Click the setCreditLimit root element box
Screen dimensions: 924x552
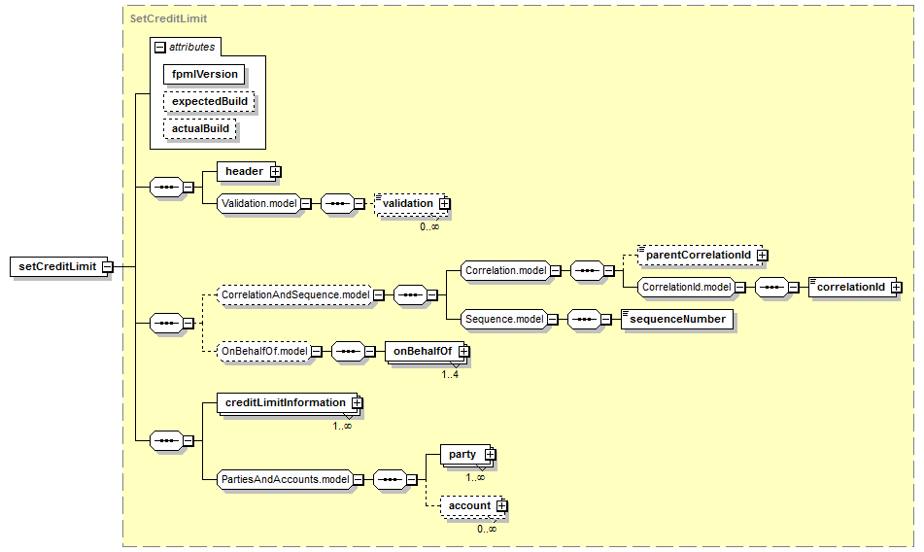59,267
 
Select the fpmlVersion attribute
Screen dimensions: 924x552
204,74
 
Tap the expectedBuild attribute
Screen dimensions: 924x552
209,101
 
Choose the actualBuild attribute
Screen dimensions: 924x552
200,128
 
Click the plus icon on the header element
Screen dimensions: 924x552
275,171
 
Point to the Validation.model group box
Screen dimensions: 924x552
258,204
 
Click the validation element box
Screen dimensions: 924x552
411,204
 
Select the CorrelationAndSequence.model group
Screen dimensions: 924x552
295,294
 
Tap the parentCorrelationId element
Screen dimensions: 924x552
701,255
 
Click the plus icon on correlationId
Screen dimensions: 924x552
896,288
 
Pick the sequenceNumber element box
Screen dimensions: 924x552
677,320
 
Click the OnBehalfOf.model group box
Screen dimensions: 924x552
264,352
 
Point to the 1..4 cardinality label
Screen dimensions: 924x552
450,375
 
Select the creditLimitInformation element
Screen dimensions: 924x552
287,403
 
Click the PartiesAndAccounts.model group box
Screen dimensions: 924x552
286,479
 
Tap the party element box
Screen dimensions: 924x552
465,455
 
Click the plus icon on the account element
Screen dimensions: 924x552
501,506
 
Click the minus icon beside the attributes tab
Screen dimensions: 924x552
159,47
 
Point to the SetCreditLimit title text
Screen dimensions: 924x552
168,18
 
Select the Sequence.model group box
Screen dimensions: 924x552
504,320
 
